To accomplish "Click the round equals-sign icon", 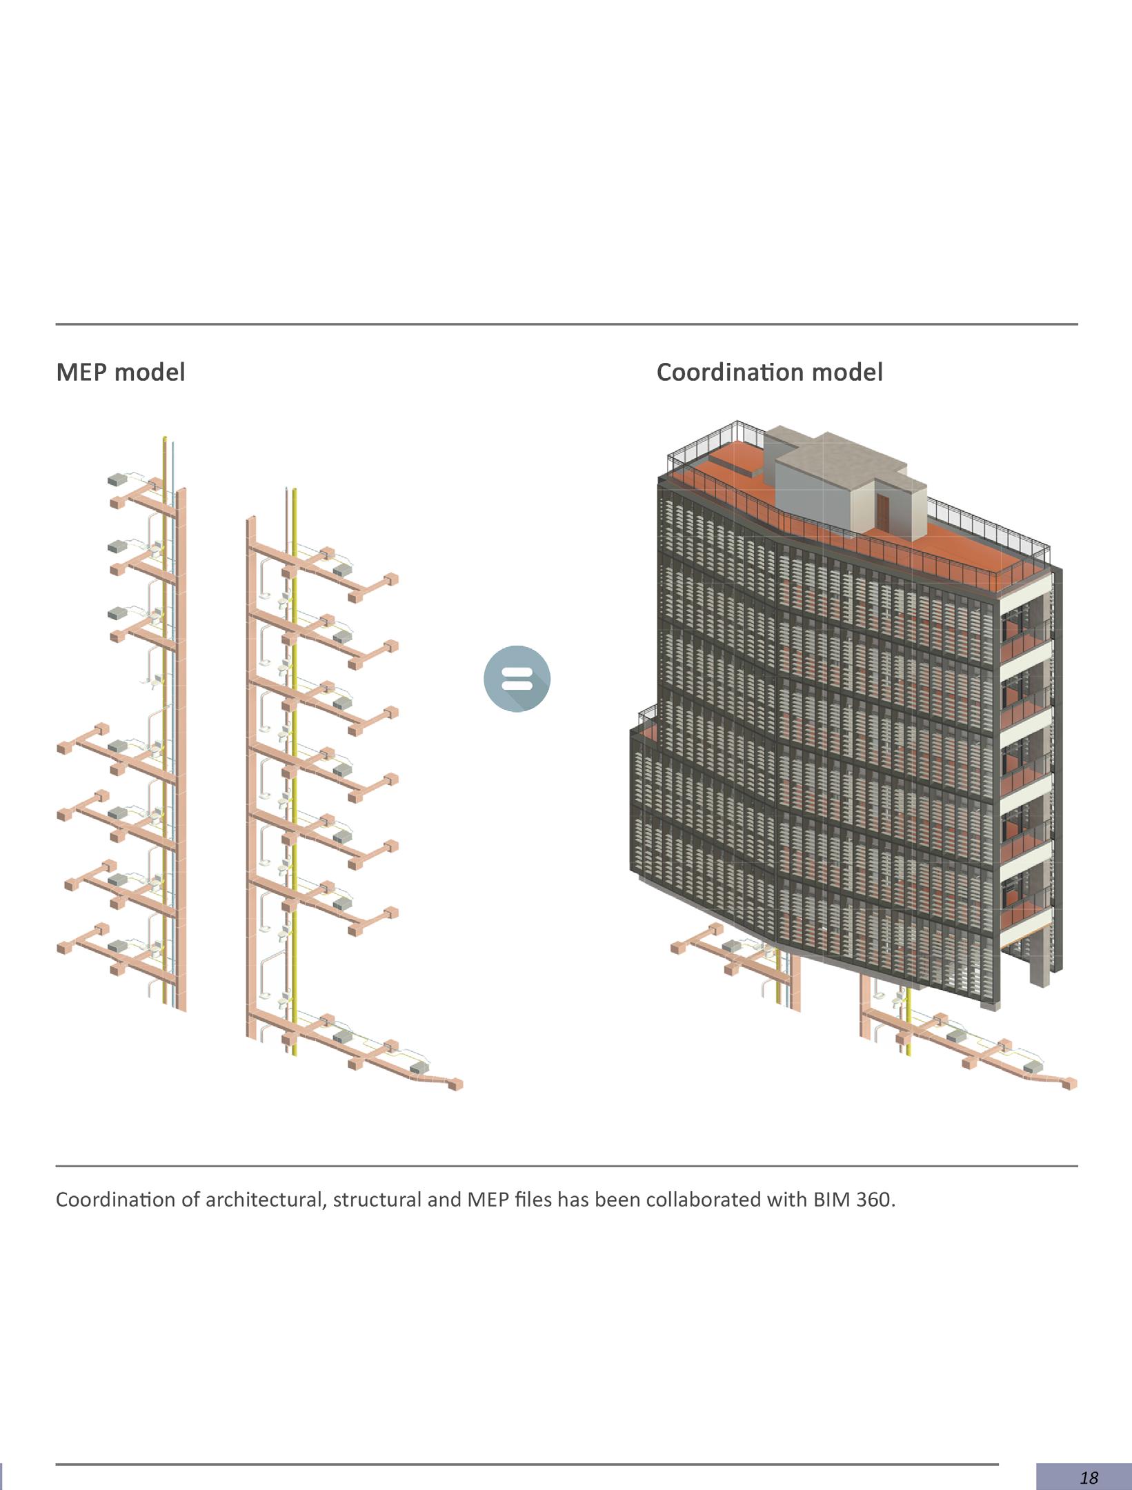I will [517, 678].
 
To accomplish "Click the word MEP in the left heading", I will [81, 372].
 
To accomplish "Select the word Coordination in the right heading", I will [730, 372].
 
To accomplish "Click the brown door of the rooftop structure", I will [884, 511].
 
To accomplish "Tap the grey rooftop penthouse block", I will [821, 483].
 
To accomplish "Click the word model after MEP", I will [150, 372].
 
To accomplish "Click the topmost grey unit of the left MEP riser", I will [117, 479].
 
